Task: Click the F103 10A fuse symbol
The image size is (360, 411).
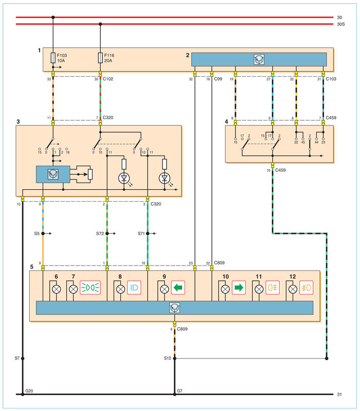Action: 53,58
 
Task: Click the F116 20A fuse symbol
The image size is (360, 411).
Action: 100,58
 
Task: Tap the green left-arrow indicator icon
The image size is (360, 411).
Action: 178,288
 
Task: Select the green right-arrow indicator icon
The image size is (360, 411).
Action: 239,288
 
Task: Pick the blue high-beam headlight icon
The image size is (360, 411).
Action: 134,288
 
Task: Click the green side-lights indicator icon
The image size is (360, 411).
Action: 90,288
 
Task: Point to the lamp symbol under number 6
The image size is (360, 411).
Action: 57,289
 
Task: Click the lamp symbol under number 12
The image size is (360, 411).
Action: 293,289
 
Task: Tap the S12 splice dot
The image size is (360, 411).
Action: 175,359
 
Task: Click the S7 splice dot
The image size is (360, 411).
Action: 23,359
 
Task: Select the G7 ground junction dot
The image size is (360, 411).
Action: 175,394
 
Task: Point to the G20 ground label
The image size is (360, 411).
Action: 29,391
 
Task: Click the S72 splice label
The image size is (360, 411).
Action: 100,234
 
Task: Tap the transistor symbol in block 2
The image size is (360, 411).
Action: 259,60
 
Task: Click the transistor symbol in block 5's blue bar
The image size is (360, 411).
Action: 174,308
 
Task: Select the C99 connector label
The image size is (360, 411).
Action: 218,79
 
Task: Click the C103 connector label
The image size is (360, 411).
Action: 331,79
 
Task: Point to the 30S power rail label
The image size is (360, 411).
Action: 341,24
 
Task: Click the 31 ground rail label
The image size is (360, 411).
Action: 339,394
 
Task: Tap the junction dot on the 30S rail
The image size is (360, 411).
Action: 100,24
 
